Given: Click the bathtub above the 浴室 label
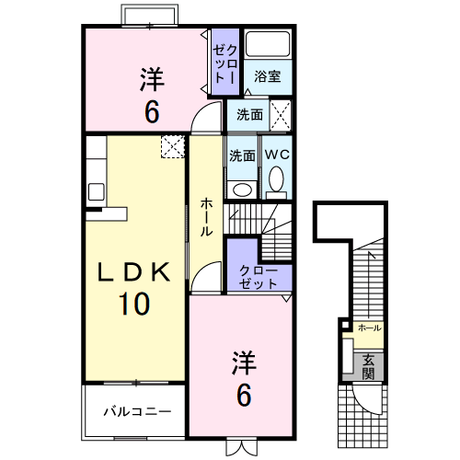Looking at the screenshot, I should point(269,46).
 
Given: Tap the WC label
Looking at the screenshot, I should point(277,155).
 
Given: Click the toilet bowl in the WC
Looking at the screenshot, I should point(277,181).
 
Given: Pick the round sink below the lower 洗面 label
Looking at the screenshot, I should point(242,189).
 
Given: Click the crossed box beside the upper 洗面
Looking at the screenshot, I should point(282,115).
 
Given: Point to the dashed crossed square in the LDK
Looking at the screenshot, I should point(172,146).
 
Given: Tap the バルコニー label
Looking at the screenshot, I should point(136,410).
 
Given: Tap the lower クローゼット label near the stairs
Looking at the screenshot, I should point(259,277).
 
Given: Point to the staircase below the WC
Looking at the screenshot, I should point(262,230).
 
